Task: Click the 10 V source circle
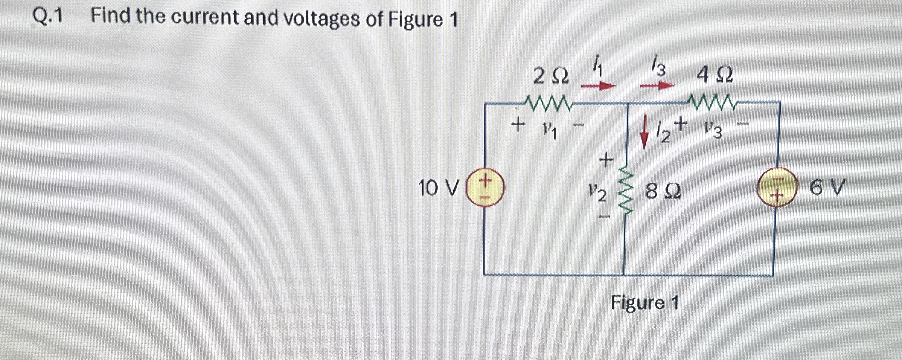click(485, 188)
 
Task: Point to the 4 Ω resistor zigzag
click(711, 102)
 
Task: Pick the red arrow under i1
click(598, 86)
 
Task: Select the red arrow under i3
click(657, 86)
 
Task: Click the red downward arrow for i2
click(645, 136)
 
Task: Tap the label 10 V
click(439, 188)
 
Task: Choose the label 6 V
click(827, 188)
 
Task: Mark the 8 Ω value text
click(663, 191)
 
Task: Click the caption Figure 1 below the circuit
click(645, 302)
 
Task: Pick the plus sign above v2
click(606, 160)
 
